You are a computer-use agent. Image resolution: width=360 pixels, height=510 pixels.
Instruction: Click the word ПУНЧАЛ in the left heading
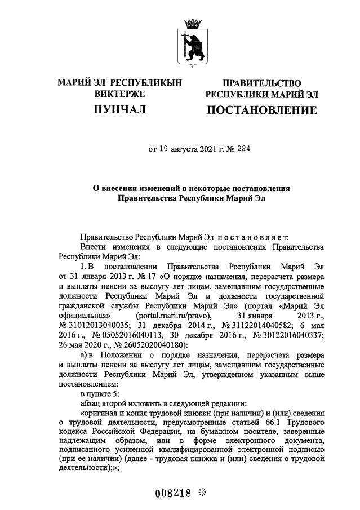point(119,109)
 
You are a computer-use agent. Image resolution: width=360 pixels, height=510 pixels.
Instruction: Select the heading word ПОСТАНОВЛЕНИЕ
point(261,109)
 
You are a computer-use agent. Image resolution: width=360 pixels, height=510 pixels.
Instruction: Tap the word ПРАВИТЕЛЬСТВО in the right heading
point(261,83)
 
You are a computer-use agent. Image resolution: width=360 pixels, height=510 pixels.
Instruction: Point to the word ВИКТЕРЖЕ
point(119,94)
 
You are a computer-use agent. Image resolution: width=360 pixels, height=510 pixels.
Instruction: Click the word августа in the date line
point(185,149)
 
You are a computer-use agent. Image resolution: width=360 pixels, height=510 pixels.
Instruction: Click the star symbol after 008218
point(202,492)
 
